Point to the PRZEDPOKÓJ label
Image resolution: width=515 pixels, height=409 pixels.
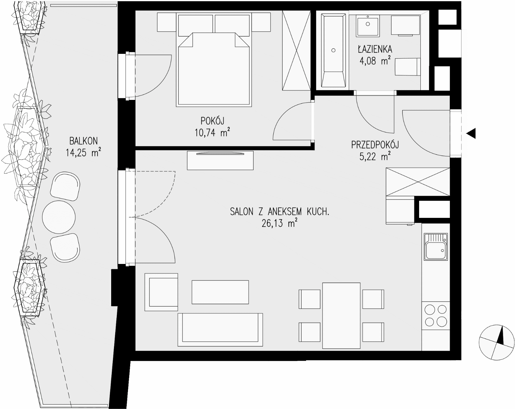(x=375, y=145)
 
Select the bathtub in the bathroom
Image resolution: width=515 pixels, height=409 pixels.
(x=333, y=50)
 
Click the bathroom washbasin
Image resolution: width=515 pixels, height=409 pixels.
(x=368, y=25)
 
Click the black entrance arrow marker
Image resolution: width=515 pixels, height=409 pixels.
(x=471, y=134)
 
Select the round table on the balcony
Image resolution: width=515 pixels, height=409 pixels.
(x=59, y=217)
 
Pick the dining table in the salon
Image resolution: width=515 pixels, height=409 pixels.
(x=341, y=315)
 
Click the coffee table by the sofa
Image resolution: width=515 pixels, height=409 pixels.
(x=220, y=292)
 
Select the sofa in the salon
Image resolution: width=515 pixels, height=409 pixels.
(x=220, y=330)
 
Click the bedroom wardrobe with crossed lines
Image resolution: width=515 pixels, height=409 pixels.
(x=296, y=50)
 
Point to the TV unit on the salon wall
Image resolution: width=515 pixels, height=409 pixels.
(x=220, y=160)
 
